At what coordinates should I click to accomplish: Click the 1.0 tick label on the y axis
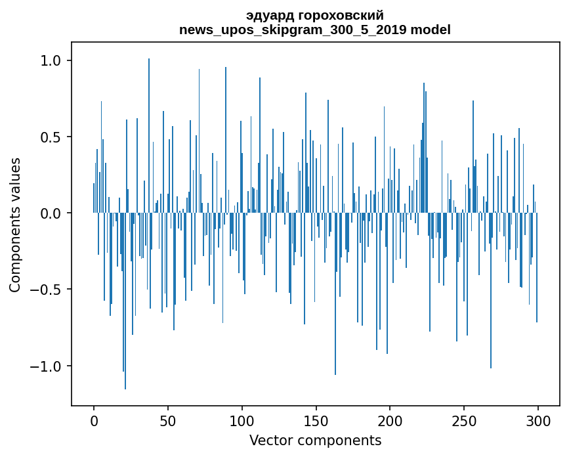(51, 61)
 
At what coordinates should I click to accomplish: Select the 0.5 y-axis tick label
(51, 137)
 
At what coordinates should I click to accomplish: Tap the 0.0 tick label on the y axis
(51, 213)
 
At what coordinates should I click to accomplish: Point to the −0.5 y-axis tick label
(45, 290)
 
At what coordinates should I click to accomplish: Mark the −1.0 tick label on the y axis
(45, 366)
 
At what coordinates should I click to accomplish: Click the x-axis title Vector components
(315, 440)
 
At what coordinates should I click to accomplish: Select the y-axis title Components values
(15, 225)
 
